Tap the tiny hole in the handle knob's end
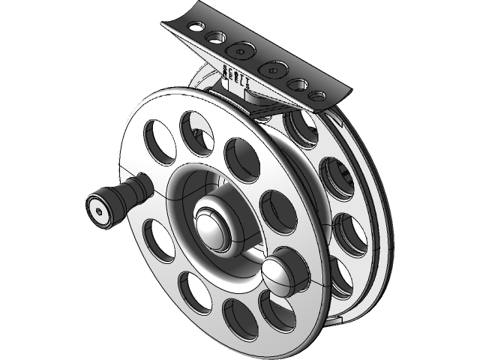[x=97, y=211]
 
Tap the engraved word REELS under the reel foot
[x=233, y=80]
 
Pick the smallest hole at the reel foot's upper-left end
[x=195, y=26]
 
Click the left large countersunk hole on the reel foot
[x=241, y=52]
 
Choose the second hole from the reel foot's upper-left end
[x=217, y=37]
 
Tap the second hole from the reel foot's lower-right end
[x=300, y=85]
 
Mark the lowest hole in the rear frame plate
[x=342, y=278]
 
